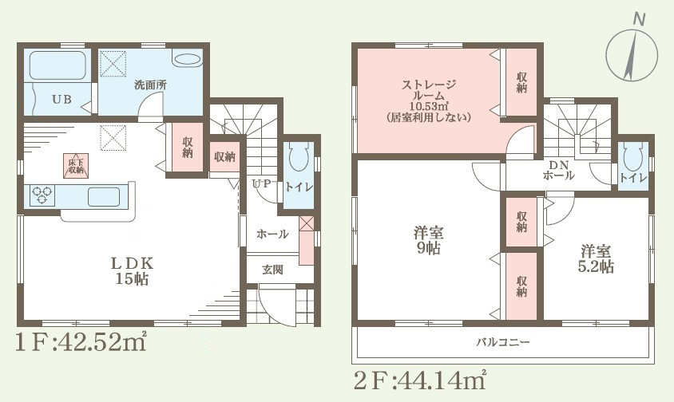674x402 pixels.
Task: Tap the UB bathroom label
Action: pos(61,100)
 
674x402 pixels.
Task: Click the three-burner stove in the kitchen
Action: pos(42,195)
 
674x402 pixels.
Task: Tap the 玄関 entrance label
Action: pos(272,270)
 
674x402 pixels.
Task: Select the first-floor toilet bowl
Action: pos(299,159)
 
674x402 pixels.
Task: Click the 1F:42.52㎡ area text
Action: pos(79,343)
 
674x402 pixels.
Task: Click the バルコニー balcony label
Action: pos(504,342)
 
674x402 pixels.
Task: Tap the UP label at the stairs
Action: pos(261,183)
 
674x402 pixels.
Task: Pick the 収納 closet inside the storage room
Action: pos(521,84)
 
